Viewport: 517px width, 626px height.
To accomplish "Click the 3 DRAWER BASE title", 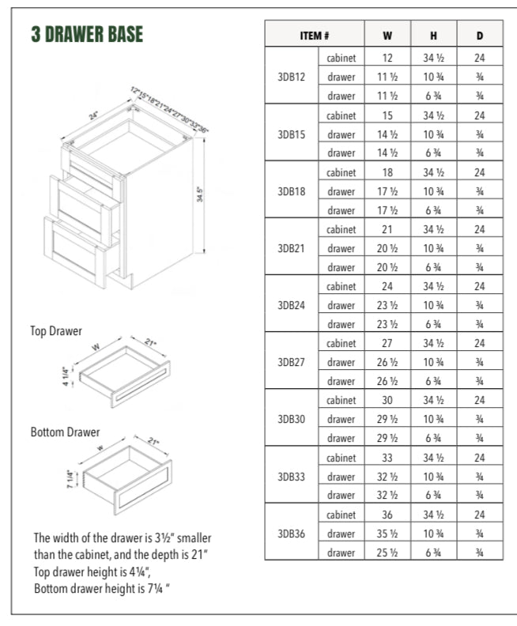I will pyautogui.click(x=87, y=34).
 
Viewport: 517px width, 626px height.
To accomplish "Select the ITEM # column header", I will pyautogui.click(x=314, y=36).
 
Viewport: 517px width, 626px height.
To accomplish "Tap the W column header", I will pyautogui.click(x=387, y=36).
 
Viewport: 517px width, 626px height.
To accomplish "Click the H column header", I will pyautogui.click(x=433, y=36).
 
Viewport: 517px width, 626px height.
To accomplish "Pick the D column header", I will pyautogui.click(x=480, y=36).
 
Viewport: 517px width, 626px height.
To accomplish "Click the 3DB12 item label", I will pyautogui.click(x=292, y=77).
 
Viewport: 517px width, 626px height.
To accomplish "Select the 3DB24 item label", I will pyautogui.click(x=292, y=305).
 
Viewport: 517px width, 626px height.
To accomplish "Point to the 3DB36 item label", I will pyautogui.click(x=292, y=533).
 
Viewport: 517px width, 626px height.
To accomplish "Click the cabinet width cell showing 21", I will pyautogui.click(x=387, y=229).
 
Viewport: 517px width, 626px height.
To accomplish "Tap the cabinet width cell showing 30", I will pyautogui.click(x=387, y=400).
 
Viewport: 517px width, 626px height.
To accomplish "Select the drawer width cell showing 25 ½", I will pyautogui.click(x=387, y=552).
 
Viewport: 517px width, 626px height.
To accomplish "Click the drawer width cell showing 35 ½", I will pyautogui.click(x=387, y=533).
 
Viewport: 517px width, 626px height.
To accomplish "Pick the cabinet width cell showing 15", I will pyautogui.click(x=387, y=115).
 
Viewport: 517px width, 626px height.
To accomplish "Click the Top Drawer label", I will pyautogui.click(x=56, y=331).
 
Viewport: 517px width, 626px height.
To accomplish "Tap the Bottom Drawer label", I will pyautogui.click(x=66, y=432).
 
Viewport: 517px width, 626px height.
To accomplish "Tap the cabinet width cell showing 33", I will pyautogui.click(x=387, y=457).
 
